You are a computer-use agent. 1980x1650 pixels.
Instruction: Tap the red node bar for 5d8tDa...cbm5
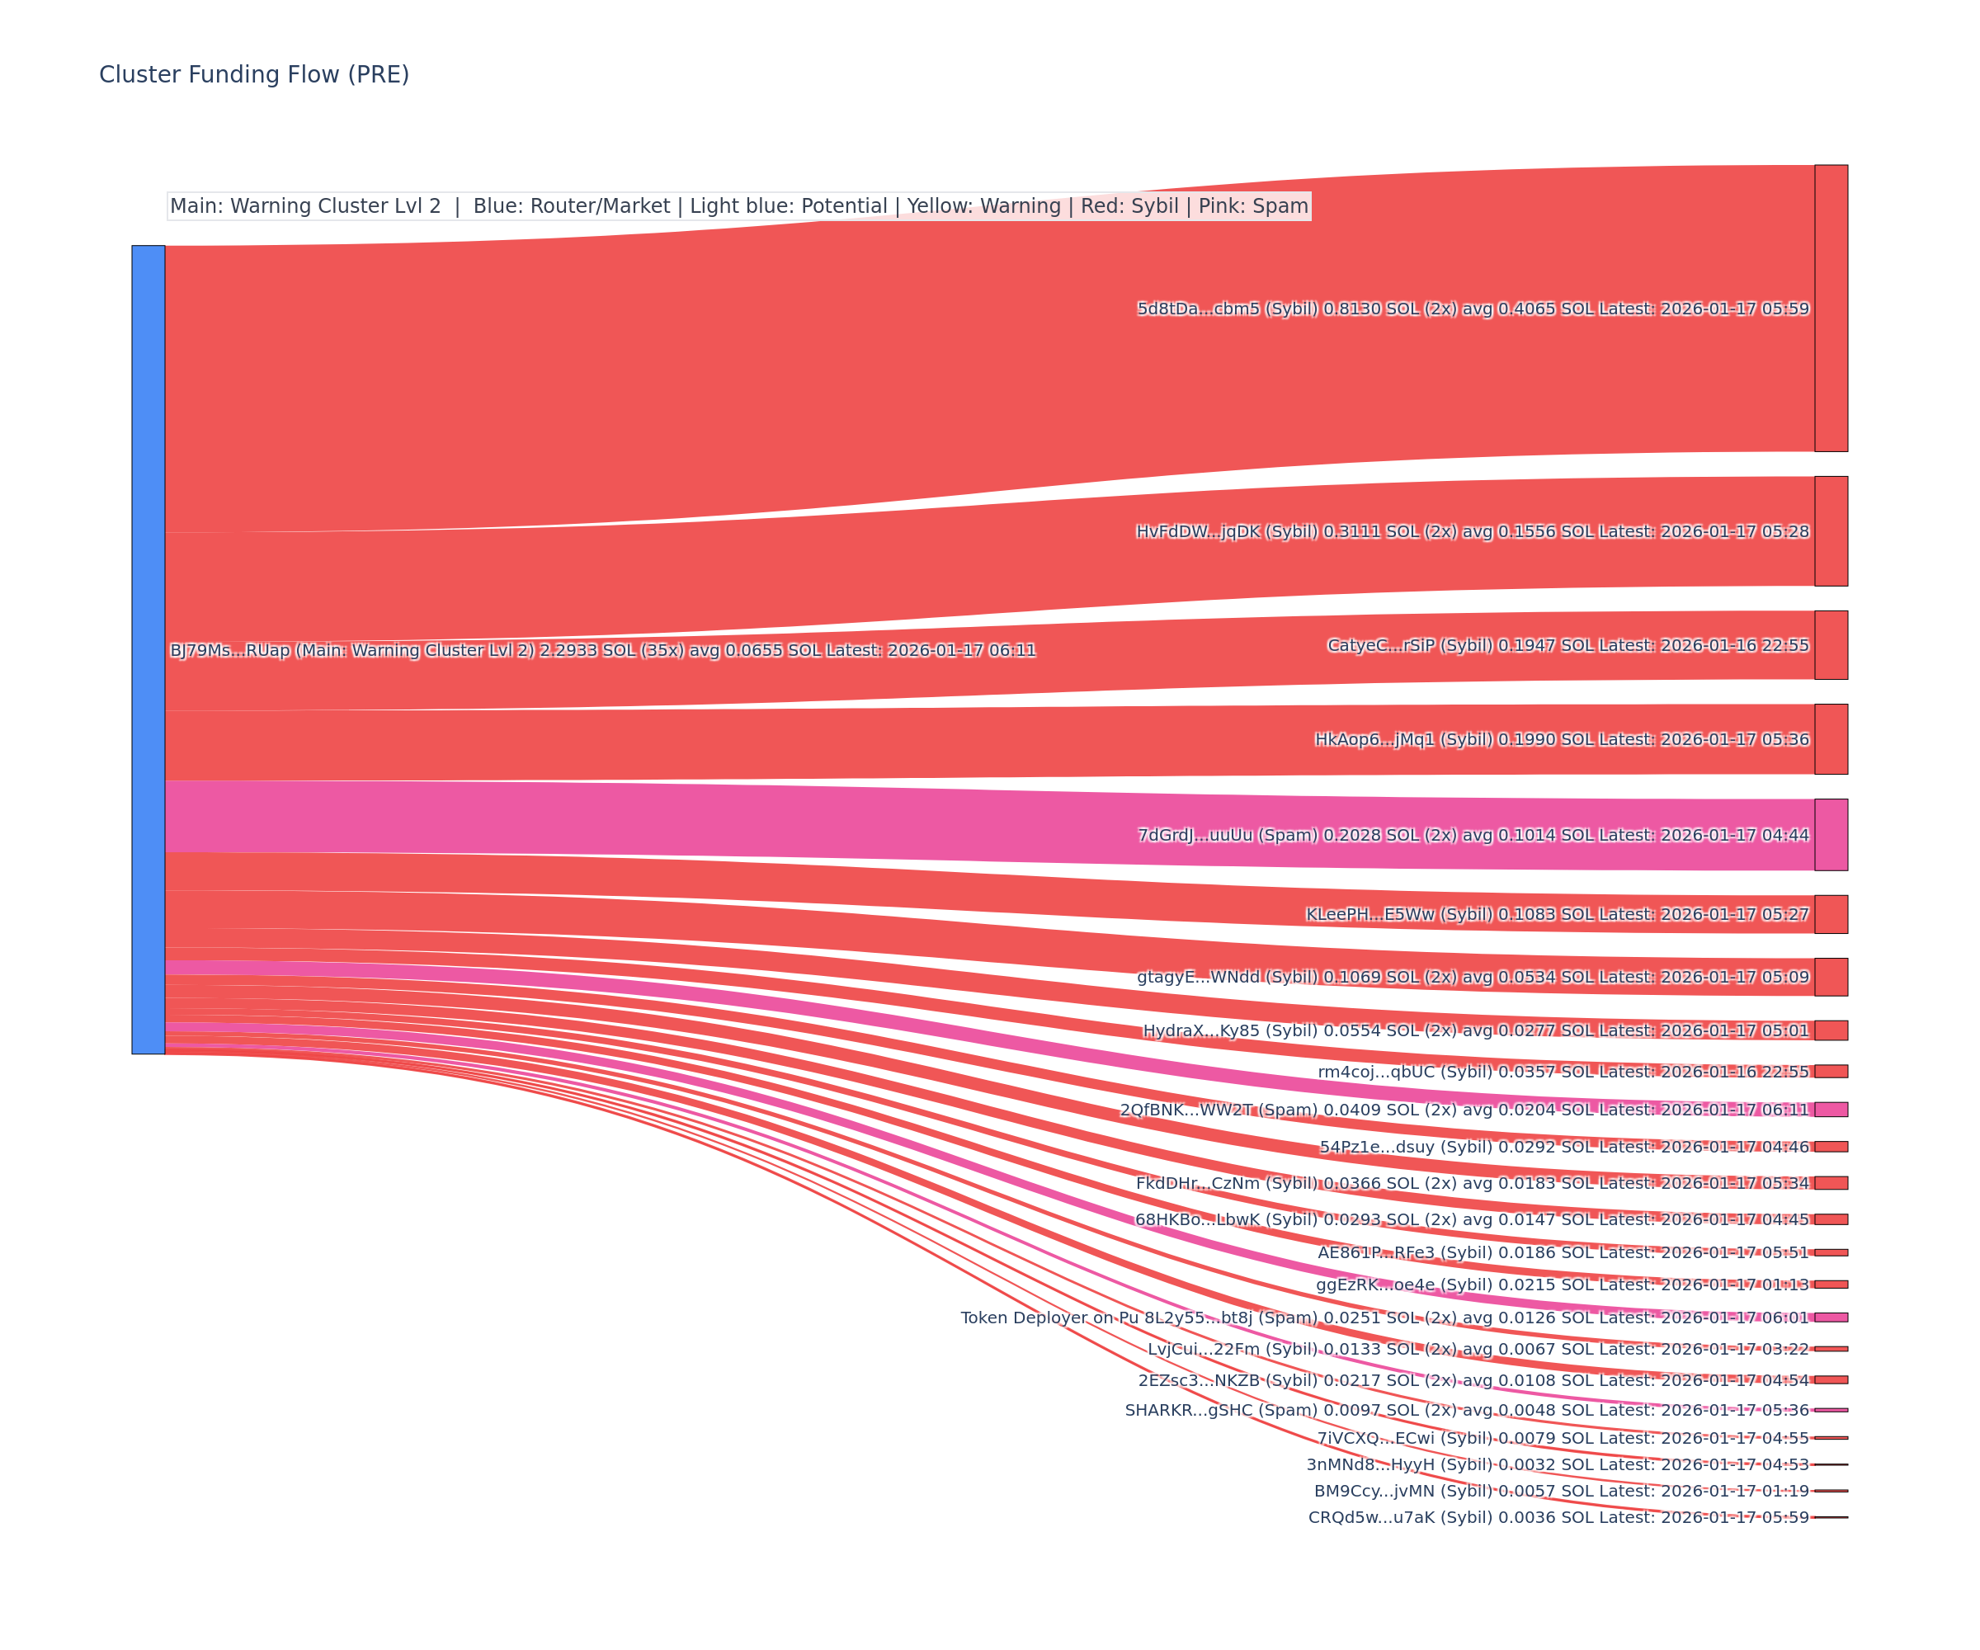(1831, 309)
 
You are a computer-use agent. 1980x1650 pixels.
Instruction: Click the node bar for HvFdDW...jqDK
(1831, 530)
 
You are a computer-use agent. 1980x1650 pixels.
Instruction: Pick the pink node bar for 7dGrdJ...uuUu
(1831, 834)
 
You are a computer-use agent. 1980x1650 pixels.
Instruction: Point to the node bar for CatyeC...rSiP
(1831, 645)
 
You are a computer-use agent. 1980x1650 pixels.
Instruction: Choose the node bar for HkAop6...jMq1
(1831, 739)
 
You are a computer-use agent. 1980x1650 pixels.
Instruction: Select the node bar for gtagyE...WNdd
(1831, 977)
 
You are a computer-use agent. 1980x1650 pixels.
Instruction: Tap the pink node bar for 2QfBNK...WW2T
(1831, 1110)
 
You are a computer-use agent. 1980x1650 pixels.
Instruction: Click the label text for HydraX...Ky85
(1476, 1030)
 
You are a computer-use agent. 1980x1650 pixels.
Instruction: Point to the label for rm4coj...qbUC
(1563, 1072)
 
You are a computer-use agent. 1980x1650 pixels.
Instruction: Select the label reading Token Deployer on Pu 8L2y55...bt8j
(1384, 1318)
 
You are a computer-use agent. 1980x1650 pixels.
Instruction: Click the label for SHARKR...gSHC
(1466, 1410)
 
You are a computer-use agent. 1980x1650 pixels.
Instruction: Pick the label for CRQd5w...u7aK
(1558, 1517)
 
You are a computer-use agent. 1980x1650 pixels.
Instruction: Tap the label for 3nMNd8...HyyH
(1557, 1464)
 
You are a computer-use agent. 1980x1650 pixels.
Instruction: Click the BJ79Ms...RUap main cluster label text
(602, 651)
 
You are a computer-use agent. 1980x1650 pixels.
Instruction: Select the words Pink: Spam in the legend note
(1253, 206)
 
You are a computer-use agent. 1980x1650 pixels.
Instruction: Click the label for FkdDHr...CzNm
(1472, 1183)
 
